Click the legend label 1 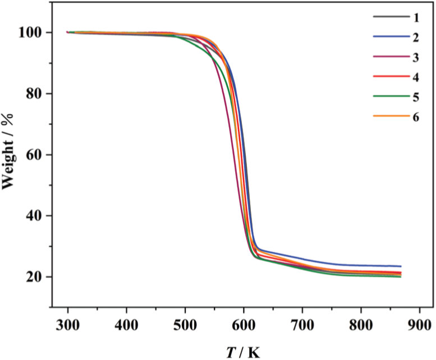pos(416,17)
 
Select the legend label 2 pos(416,37)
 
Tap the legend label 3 pos(416,57)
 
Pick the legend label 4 pos(416,76)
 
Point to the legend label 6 pos(416,116)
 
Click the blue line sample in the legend pos(391,37)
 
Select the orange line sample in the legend pos(391,116)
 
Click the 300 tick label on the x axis pos(67,326)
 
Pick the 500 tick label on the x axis pos(185,326)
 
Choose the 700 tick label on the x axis pos(302,326)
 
